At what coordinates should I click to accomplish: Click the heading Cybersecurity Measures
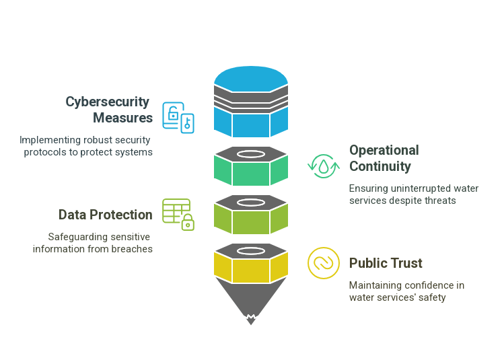[x=108, y=110]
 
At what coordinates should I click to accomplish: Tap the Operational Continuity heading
[x=384, y=158]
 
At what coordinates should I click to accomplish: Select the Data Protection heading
[x=105, y=215]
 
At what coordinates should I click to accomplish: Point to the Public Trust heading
[x=386, y=263]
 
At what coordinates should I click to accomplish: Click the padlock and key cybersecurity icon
[x=178, y=118]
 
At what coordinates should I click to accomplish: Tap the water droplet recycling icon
[x=324, y=166]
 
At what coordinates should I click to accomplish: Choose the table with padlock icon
[x=178, y=214]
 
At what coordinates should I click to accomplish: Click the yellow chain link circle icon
[x=324, y=263]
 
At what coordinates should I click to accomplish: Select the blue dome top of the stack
[x=251, y=76]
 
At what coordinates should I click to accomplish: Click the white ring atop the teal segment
[x=251, y=154]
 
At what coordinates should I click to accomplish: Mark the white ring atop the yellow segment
[x=251, y=251]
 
